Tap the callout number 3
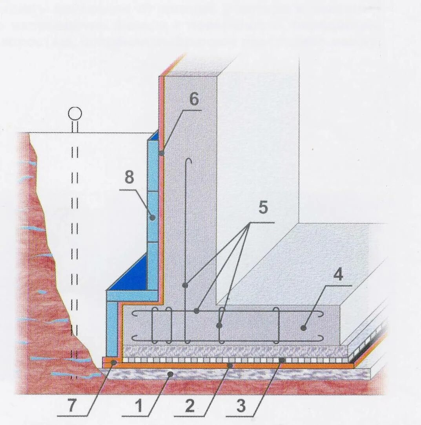tap(241, 407)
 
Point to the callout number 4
tap(338, 275)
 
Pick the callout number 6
tap(194, 100)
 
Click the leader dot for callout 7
tap(113, 363)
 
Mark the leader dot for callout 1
tap(170, 374)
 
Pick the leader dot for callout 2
tap(231, 365)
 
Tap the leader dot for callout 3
tap(282, 359)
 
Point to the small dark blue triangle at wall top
tap(155, 135)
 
